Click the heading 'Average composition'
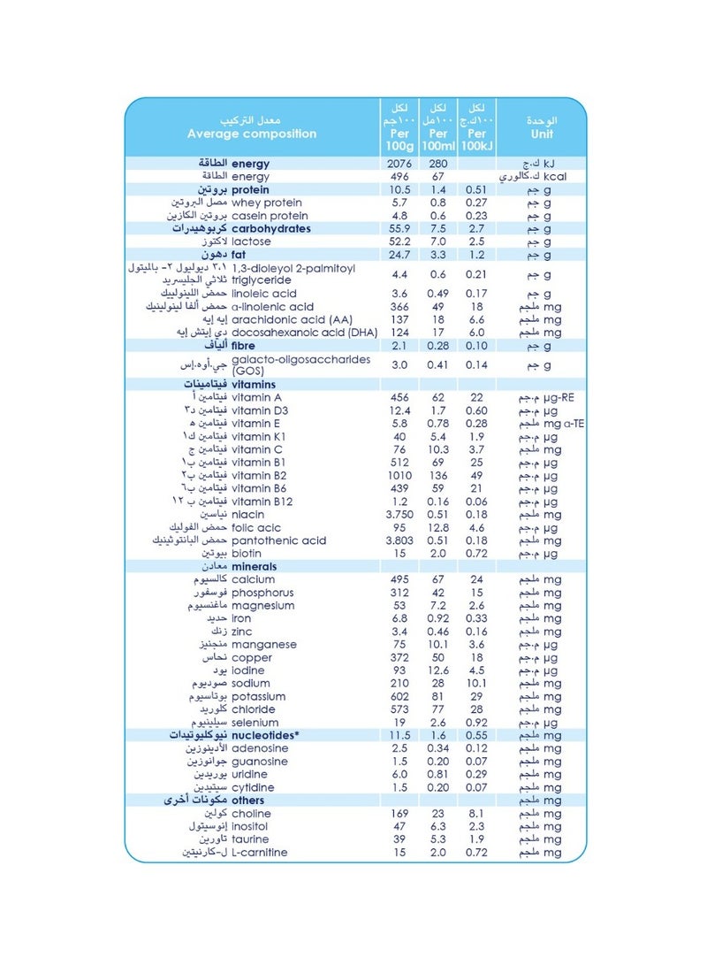(252, 134)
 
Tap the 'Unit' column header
(541, 134)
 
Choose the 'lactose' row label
(251, 241)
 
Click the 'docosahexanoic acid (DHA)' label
(305, 333)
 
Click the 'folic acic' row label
(257, 527)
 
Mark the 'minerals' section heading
(254, 566)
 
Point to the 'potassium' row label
(261, 696)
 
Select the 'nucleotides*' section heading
(266, 735)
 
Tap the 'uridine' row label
(252, 774)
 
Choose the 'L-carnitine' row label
(259, 853)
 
